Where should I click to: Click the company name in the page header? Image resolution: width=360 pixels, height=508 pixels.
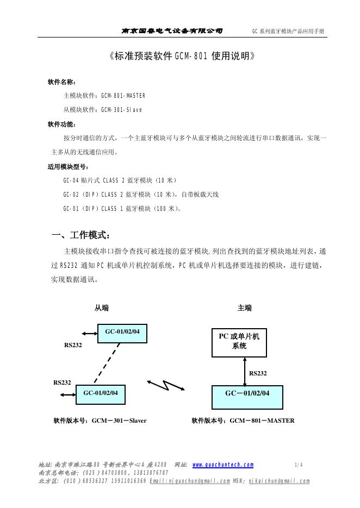tap(172, 31)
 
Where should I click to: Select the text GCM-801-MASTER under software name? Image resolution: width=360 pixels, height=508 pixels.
tap(123, 96)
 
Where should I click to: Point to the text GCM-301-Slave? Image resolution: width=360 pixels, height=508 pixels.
tap(121, 110)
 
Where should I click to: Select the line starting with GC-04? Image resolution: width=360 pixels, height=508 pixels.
tap(120, 180)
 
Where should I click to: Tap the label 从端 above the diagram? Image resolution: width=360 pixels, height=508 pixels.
tap(102, 308)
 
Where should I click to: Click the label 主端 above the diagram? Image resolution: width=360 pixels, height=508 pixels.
tap(245, 308)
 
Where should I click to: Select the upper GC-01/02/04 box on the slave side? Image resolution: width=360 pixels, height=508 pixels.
tap(122, 333)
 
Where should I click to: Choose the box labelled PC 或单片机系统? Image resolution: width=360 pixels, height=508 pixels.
tap(239, 342)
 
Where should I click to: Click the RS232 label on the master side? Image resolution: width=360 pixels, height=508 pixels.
tap(258, 373)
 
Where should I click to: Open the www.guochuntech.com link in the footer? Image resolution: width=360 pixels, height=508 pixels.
tap(223, 465)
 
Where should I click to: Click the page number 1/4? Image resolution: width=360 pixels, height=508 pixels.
tap(298, 465)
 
